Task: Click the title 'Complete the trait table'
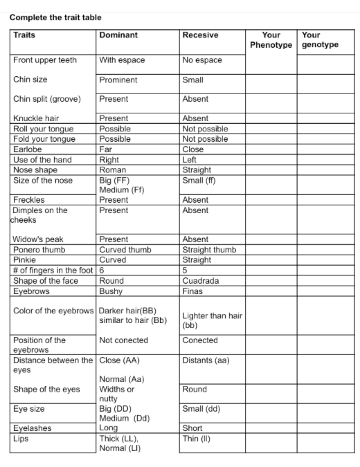51,17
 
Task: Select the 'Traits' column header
24,35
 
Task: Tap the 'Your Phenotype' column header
271,40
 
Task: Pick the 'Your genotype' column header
320,40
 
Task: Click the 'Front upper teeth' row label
45,60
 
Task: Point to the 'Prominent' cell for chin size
118,80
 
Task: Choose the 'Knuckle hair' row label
36,118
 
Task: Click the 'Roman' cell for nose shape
112,170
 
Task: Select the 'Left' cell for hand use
189,160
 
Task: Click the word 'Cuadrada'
201,281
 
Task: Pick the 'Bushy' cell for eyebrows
111,291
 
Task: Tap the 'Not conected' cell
124,340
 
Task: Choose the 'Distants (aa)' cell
206,360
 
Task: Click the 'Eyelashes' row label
33,428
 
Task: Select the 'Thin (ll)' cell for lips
196,439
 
